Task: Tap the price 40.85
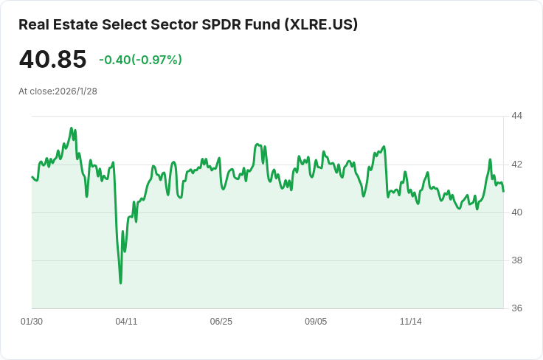coord(52,60)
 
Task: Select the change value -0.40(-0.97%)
coord(140,60)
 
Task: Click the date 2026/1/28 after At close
coord(76,91)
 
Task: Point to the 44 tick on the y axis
coord(516,116)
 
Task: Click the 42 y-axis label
coord(516,164)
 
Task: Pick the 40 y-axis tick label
coord(516,212)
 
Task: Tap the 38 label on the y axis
coord(516,260)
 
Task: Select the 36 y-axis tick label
coord(516,308)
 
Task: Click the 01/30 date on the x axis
coord(32,322)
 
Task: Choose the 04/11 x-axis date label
coord(126,322)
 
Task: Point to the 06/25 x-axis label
coord(221,322)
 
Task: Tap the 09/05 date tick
coord(316,322)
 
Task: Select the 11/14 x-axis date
coord(410,322)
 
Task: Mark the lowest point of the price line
coord(120,283)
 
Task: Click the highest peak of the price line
coord(72,128)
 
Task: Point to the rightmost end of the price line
coord(504,192)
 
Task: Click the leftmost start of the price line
coord(32,176)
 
